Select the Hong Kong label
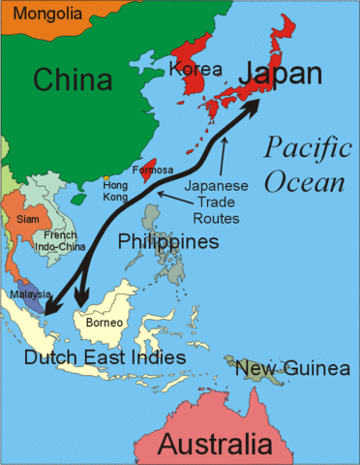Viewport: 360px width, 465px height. [113, 190]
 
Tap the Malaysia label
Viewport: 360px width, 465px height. [25, 294]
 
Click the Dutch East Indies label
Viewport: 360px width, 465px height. [105, 358]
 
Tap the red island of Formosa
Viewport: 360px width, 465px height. [150, 169]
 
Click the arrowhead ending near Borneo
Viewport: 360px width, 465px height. [81, 301]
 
